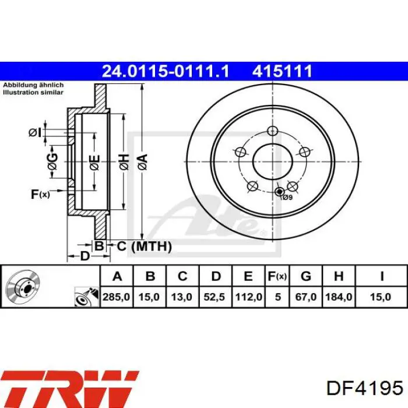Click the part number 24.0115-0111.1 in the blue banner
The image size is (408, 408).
[166, 71]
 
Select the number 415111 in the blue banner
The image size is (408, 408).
[282, 71]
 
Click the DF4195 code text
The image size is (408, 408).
[364, 388]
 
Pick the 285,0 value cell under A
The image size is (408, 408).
[116, 297]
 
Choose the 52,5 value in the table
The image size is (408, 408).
[214, 297]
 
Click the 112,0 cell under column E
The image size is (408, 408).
[248, 297]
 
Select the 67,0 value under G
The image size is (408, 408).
[306, 297]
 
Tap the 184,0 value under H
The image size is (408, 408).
[339, 297]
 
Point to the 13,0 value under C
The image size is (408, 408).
[182, 297]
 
